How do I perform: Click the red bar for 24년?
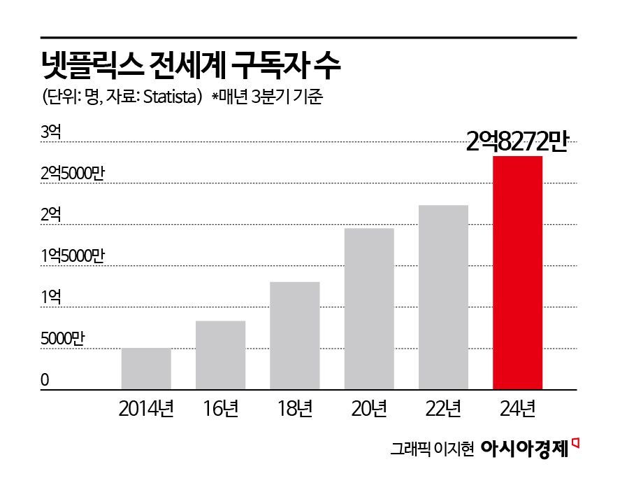coord(517,272)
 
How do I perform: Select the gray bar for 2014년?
coord(146,368)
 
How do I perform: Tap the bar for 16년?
coord(220,355)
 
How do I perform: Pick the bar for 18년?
coord(294,335)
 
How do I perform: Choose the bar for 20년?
coord(369,309)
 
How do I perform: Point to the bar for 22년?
coord(443,297)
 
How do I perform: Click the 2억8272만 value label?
coord(518,142)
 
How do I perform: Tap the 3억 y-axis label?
coord(51,132)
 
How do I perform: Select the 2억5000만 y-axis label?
coord(72,174)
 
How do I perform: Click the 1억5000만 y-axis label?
coord(72,256)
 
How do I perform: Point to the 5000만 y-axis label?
coord(62,339)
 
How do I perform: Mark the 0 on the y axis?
coord(45,380)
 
